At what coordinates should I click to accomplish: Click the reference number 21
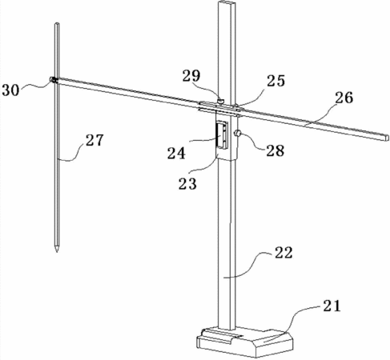tap(332, 306)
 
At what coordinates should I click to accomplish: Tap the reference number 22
tap(283, 253)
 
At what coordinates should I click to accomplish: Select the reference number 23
tap(187, 183)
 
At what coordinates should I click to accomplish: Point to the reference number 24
tap(176, 153)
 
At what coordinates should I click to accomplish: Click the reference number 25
tap(275, 80)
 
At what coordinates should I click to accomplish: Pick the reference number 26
tap(344, 98)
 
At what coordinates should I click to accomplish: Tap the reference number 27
tap(94, 139)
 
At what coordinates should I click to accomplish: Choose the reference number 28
tap(275, 150)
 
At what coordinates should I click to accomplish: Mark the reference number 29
tap(191, 76)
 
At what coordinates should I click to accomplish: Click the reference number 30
tap(10, 90)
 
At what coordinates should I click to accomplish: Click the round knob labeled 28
tap(237, 133)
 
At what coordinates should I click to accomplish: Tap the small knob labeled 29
tap(221, 101)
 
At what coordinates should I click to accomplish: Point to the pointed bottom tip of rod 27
tap(57, 251)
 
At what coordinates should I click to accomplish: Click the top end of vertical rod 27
tap(57, 23)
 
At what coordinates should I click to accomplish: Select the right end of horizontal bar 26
tap(388, 138)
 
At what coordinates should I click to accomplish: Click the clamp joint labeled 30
tap(54, 80)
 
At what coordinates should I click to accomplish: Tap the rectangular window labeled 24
tap(223, 135)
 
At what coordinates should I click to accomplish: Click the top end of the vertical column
tap(227, 2)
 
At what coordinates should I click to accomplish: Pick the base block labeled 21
tap(245, 342)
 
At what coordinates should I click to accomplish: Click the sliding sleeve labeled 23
tap(227, 135)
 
